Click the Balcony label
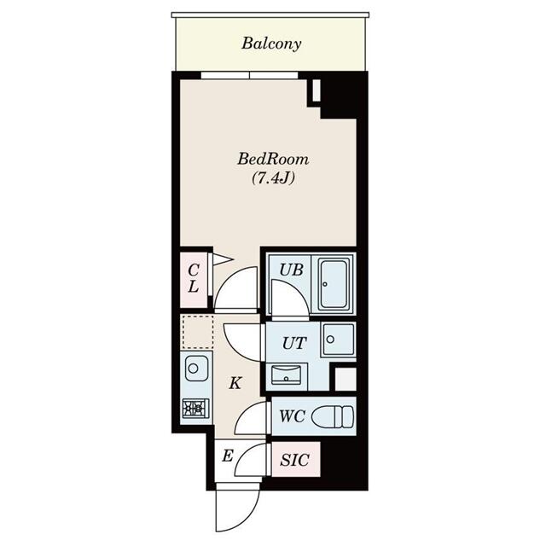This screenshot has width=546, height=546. click(270, 44)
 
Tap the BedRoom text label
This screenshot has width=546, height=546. click(272, 159)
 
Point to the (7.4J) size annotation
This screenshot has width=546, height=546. click(272, 179)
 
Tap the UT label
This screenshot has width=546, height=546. click(293, 344)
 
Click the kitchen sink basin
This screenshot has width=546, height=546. click(195, 370)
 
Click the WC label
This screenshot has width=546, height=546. click(291, 418)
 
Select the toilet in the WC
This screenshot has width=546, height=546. click(331, 417)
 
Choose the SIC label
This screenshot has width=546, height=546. click(295, 461)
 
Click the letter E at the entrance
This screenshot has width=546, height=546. click(227, 456)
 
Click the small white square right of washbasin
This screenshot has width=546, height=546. click(344, 378)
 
